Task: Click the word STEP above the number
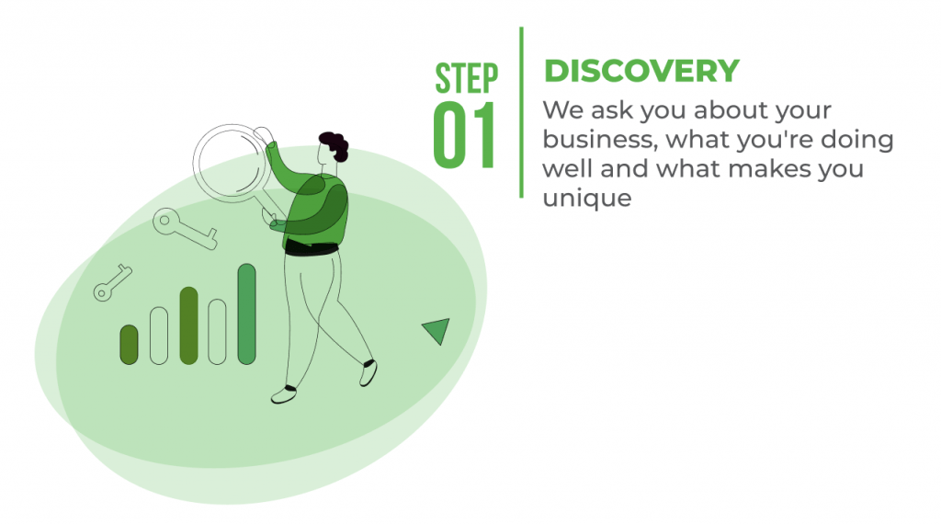pyautogui.click(x=466, y=78)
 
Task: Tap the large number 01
pyautogui.click(x=464, y=135)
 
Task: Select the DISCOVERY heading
pyautogui.click(x=641, y=71)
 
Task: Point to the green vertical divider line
pyautogui.click(x=521, y=112)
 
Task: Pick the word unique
pyautogui.click(x=587, y=198)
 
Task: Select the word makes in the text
pyautogui.click(x=770, y=168)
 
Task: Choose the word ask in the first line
pyautogui.click(x=611, y=109)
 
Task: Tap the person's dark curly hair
pyautogui.click(x=334, y=145)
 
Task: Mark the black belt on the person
pyautogui.click(x=312, y=247)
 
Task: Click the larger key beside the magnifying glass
pyautogui.click(x=184, y=228)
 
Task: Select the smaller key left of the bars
pyautogui.click(x=112, y=283)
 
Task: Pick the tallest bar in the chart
pyautogui.click(x=246, y=313)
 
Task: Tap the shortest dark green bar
pyautogui.click(x=129, y=345)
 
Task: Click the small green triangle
pyautogui.click(x=437, y=329)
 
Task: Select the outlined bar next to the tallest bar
pyautogui.click(x=217, y=332)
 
